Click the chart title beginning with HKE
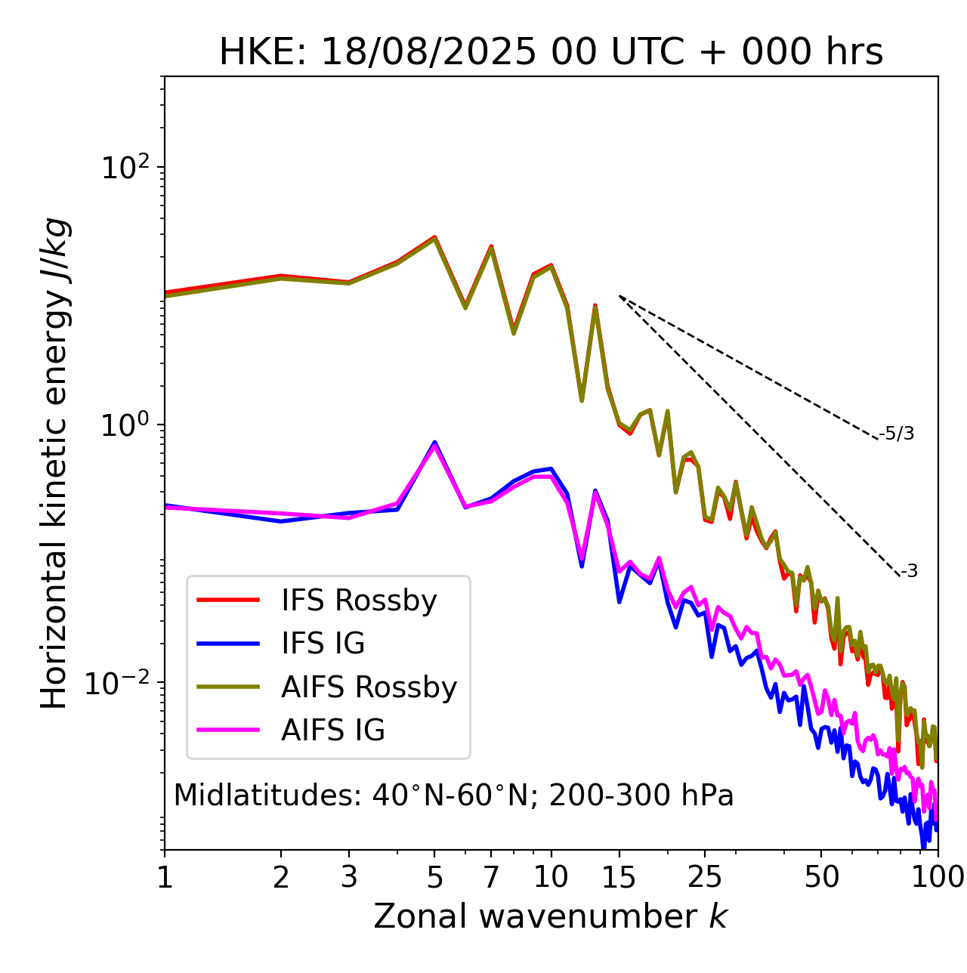click(x=551, y=53)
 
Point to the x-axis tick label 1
click(x=165, y=878)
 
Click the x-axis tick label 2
click(x=281, y=878)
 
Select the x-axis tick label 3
click(x=349, y=878)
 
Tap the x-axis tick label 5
click(x=434, y=878)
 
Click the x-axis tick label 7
click(x=491, y=878)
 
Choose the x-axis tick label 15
click(x=619, y=878)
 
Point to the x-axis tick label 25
click(x=705, y=878)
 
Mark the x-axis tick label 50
click(x=821, y=878)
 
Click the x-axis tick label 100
click(x=937, y=878)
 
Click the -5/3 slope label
click(x=897, y=434)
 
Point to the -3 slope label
click(x=909, y=572)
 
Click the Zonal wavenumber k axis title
click(x=551, y=917)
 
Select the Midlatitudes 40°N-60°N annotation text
click(x=453, y=795)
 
